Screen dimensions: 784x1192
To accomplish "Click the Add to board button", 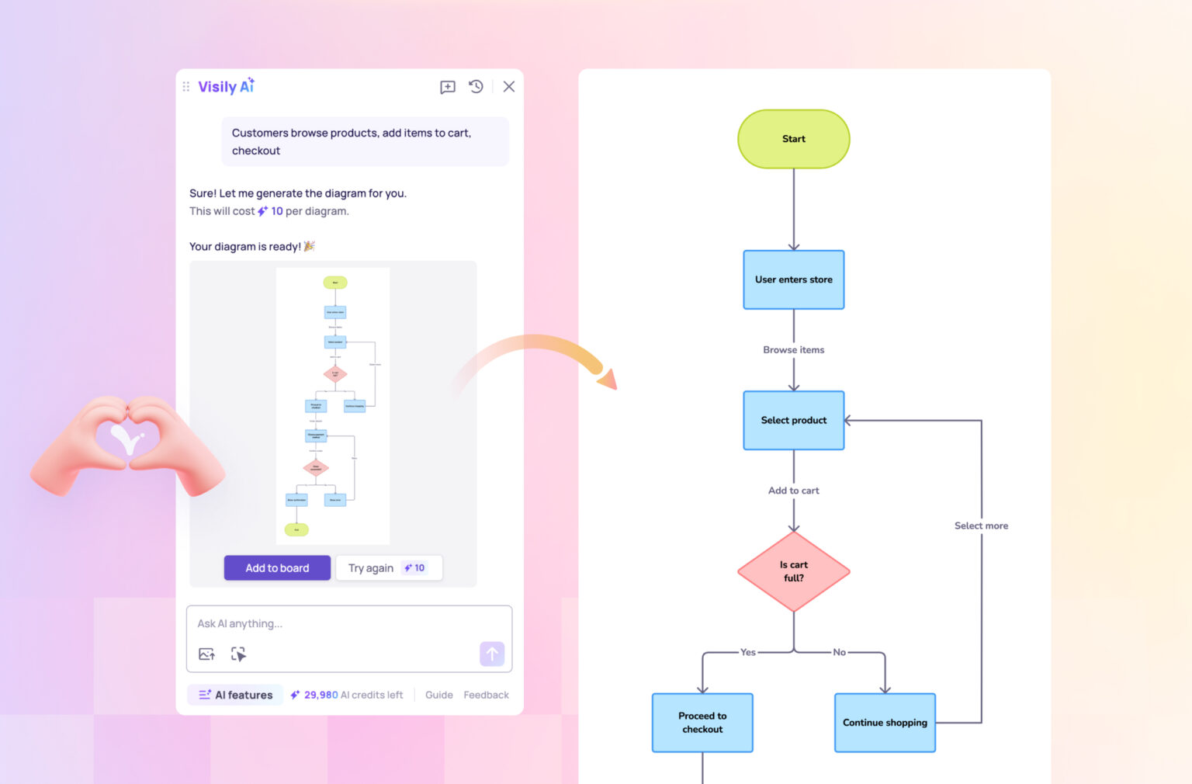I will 277,568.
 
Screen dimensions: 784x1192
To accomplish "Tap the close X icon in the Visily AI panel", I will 509,87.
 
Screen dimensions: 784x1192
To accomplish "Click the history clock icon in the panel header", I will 476,87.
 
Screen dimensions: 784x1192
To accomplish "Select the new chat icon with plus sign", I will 448,87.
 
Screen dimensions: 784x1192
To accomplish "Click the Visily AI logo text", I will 226,87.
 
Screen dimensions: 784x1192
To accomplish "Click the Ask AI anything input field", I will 341,623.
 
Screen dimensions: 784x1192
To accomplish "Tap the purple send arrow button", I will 492,654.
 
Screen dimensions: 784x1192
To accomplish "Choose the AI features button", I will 236,695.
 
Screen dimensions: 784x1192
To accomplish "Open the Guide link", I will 439,695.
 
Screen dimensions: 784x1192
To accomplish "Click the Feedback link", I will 487,695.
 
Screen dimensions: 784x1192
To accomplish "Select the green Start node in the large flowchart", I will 794,139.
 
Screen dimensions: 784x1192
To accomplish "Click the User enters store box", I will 794,279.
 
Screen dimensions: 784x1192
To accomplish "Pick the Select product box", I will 794,420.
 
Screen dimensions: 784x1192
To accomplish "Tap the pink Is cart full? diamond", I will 794,571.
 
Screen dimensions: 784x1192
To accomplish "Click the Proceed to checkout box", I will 702,723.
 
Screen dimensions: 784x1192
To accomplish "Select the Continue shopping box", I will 885,723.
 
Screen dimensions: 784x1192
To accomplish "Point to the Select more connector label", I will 981,526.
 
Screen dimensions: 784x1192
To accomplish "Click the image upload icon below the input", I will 206,654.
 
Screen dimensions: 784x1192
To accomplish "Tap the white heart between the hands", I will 127,439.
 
